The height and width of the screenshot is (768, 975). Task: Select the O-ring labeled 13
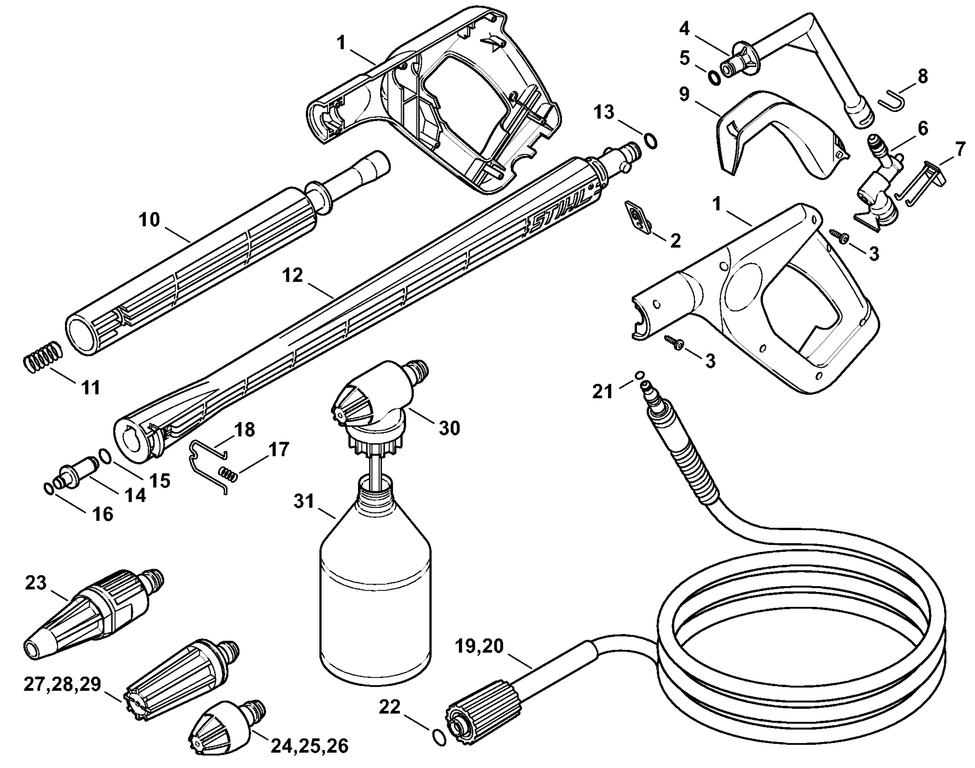coord(651,141)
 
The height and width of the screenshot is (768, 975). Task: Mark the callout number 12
coord(293,275)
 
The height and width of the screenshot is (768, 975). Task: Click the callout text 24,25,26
coord(309,746)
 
